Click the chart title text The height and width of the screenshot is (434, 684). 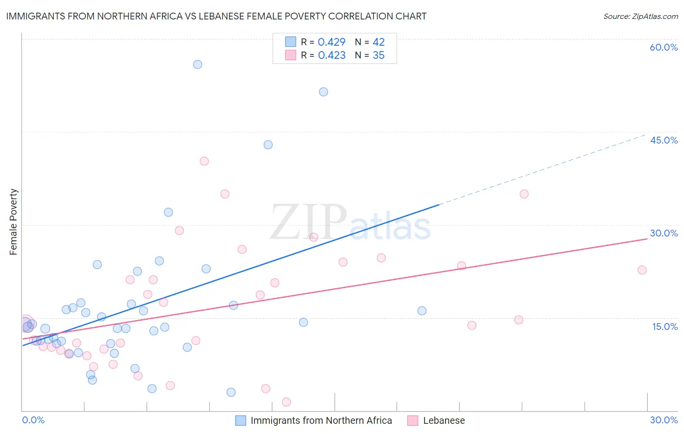[x=216, y=16]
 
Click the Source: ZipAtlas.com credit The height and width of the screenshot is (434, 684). [x=640, y=16]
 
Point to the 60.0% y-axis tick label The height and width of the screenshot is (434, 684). [x=664, y=47]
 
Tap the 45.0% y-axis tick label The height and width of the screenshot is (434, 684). [x=664, y=140]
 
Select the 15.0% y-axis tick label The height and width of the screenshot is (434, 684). [x=665, y=326]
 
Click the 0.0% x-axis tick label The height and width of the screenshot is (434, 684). [x=33, y=420]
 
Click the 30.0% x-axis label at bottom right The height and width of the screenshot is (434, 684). [x=664, y=420]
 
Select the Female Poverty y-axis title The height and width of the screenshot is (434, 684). [x=14, y=222]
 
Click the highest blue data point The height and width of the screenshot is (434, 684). [x=198, y=64]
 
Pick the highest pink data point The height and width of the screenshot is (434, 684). [x=204, y=161]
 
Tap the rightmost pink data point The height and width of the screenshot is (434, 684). [x=642, y=270]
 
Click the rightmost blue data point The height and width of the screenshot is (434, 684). [x=422, y=311]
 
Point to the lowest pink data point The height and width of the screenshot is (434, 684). [x=287, y=402]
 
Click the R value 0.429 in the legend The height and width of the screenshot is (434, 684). [x=331, y=42]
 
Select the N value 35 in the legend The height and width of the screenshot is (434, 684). [x=378, y=55]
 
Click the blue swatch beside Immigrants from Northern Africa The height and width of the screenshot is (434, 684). [x=240, y=420]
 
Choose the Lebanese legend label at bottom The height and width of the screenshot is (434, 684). [x=444, y=420]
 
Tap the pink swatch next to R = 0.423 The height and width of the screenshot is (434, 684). [x=290, y=55]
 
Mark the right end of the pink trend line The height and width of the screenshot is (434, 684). [x=647, y=239]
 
